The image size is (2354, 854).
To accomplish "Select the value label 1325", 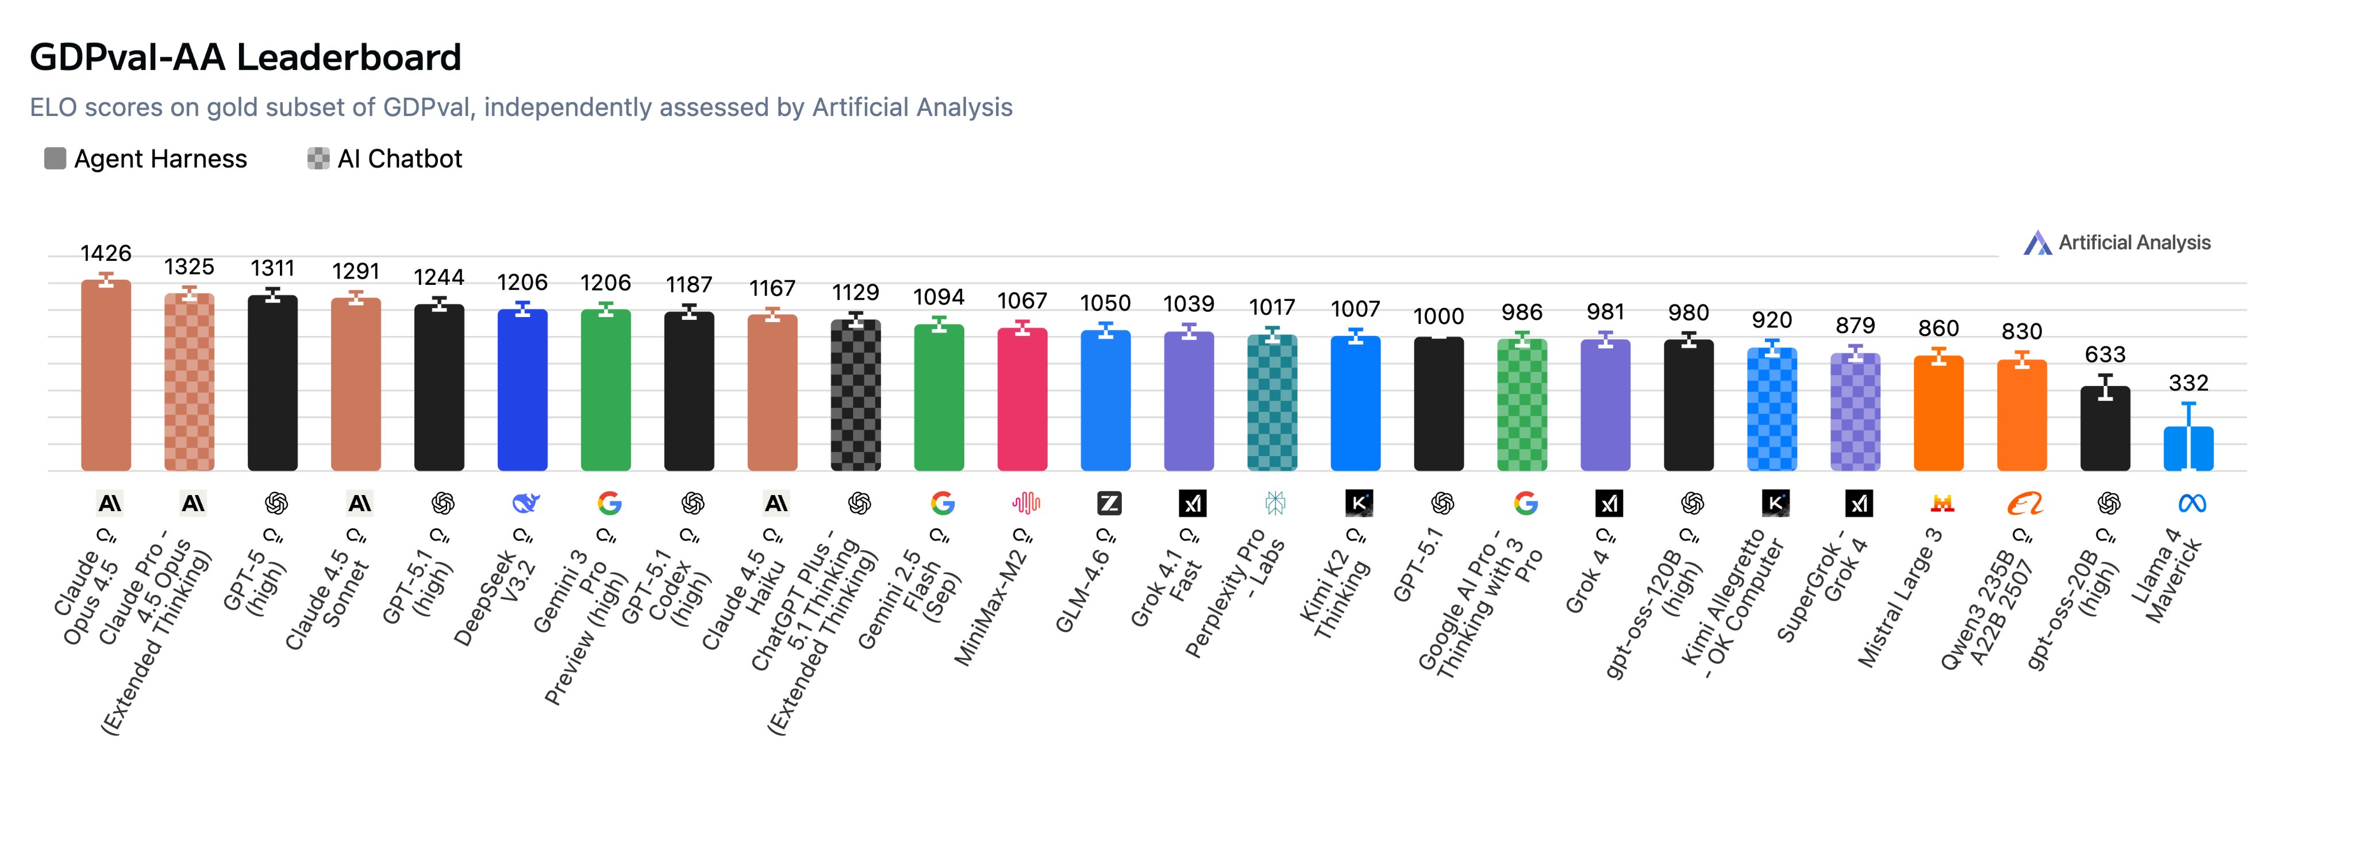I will click(x=189, y=266).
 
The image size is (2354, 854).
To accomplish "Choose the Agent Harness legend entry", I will click(x=146, y=159).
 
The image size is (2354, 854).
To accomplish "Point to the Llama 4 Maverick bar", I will click(x=2188, y=449).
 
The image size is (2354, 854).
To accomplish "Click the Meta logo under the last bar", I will click(x=2193, y=503).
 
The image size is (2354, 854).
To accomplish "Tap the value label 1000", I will click(x=1438, y=316).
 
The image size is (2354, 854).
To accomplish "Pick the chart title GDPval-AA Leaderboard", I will click(x=245, y=57).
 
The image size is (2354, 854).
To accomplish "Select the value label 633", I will click(x=2105, y=354).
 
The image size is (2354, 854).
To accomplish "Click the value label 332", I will click(x=2188, y=382).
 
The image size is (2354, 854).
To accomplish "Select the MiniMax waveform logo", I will click(x=1026, y=503).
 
